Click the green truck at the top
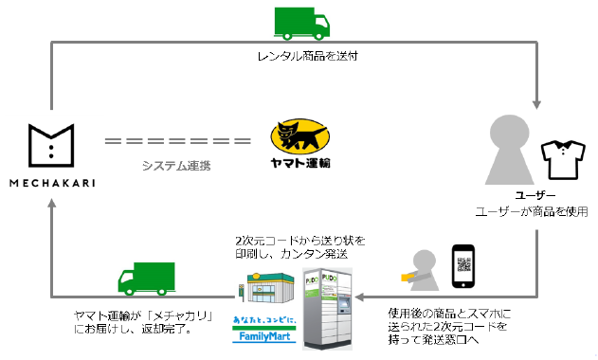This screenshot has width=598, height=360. pos(300,23)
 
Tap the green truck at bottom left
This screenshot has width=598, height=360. pos(147,278)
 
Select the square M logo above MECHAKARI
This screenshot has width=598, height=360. pos(50,142)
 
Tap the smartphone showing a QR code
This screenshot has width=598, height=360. pos(462,267)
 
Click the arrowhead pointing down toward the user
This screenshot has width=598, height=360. pos(537,106)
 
